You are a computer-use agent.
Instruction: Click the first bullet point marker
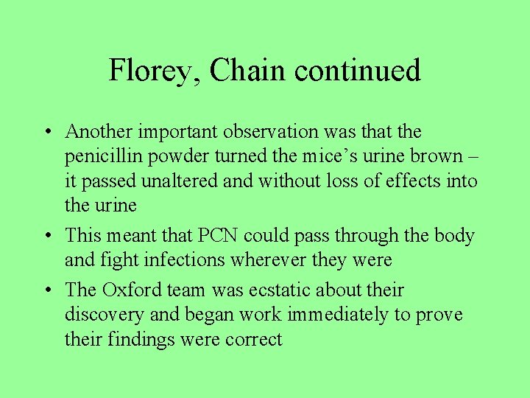coord(46,133)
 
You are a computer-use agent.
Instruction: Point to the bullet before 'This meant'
coord(46,236)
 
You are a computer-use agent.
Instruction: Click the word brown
coord(432,156)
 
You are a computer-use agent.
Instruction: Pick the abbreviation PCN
coord(216,236)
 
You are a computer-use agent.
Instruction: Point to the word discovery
coord(104,315)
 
